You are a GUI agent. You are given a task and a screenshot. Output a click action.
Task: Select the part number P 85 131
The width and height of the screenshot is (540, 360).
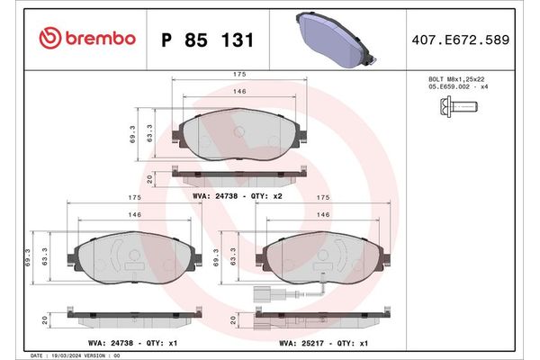tap(206, 40)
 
